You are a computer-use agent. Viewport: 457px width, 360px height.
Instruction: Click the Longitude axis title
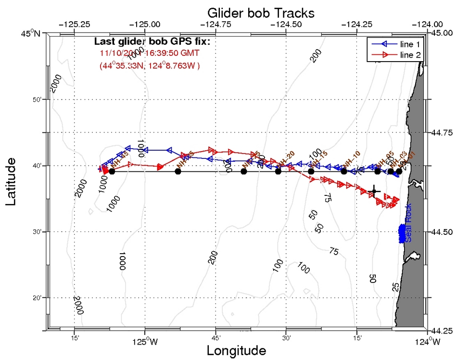pyautogui.click(x=236, y=350)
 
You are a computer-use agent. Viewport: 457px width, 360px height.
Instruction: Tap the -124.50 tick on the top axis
pyautogui.click(x=286, y=24)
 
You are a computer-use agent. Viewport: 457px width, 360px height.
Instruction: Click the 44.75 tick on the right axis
pyautogui.click(x=441, y=133)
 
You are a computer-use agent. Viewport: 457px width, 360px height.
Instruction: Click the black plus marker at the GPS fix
pyautogui.click(x=374, y=192)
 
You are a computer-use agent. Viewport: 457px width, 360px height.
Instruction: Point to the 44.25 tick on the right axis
pyautogui.click(x=441, y=332)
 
